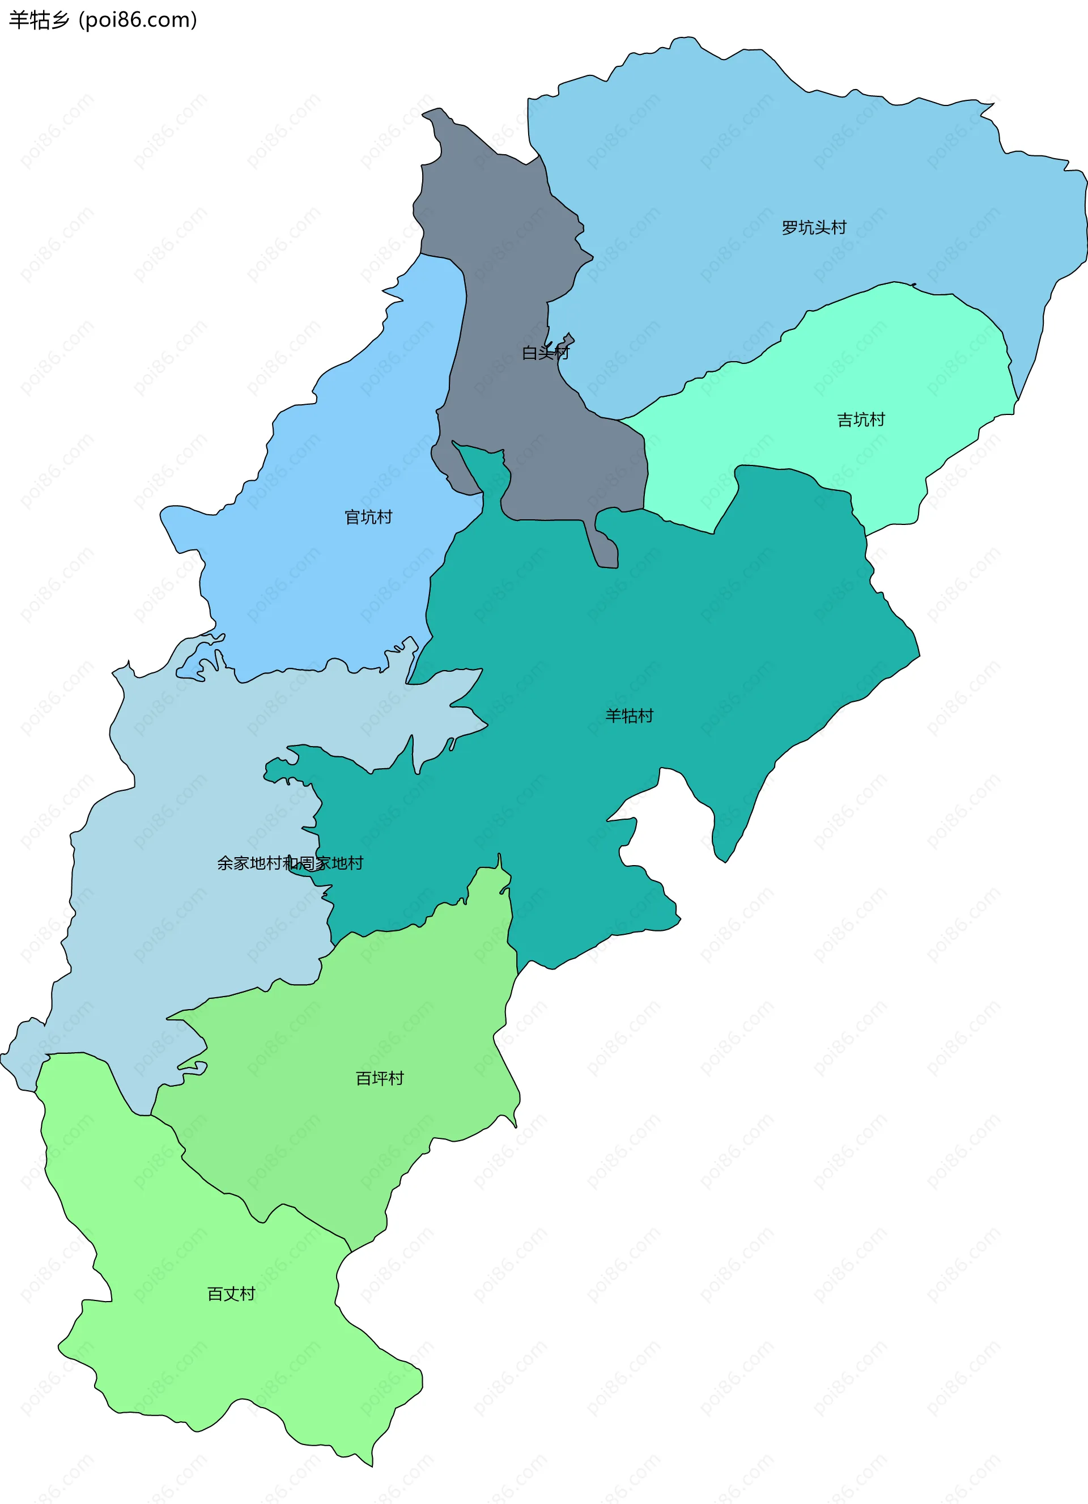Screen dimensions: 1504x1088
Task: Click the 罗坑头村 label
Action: coord(814,227)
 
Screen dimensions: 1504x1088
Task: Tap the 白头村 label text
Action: coord(545,353)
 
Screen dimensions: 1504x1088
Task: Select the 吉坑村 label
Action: coord(861,420)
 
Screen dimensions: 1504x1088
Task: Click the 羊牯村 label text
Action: coord(628,715)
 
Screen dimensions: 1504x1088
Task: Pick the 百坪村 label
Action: coord(379,1078)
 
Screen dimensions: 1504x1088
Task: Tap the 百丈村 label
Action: coord(231,1294)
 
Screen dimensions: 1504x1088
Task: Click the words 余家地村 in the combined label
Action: coord(249,863)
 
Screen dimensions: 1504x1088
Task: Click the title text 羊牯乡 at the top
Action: coord(39,20)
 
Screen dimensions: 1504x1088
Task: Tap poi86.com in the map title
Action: coord(138,20)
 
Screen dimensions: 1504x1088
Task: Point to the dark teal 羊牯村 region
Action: coord(663,630)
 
